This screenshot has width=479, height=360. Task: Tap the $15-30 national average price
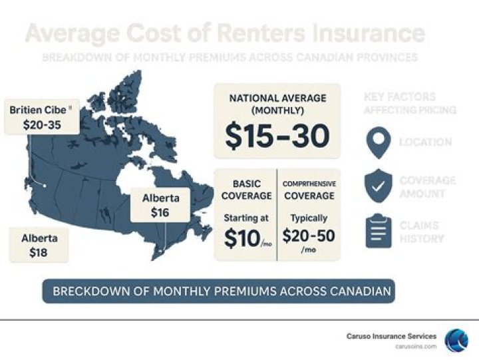pos(277,135)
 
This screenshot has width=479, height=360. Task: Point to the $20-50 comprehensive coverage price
pos(308,236)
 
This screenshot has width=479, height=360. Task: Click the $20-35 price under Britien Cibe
pos(42,124)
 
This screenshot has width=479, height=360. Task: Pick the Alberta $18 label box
pos(39,245)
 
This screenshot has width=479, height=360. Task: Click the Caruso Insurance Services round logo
pos(456,339)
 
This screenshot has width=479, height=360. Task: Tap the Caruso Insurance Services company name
pos(392,337)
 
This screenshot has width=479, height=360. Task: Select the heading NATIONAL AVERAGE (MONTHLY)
pos(277,104)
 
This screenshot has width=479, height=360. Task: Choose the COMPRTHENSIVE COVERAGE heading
pos(309,190)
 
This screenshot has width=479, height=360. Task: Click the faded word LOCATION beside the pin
pos(425,142)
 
